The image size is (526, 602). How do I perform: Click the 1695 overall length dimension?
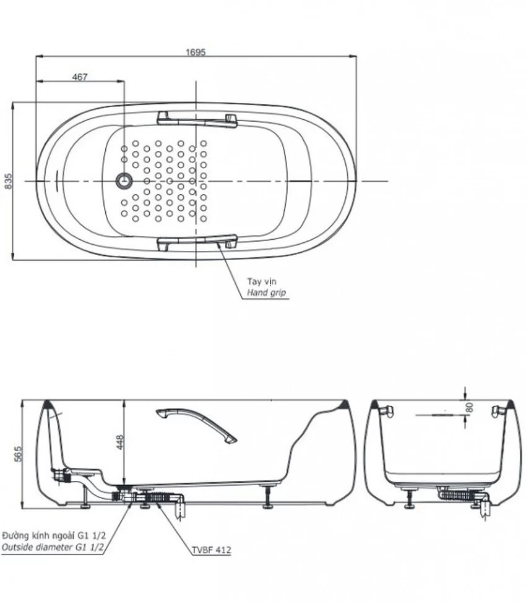pyautogui.click(x=196, y=52)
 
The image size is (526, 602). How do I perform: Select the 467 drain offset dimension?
pyautogui.click(x=80, y=77)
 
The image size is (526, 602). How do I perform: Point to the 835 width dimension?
pyautogui.click(x=8, y=181)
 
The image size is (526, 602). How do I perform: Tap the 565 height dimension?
pyautogui.click(x=18, y=454)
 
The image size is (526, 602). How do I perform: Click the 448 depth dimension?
pyautogui.click(x=119, y=443)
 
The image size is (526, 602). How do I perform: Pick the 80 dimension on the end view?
pyautogui.click(x=468, y=408)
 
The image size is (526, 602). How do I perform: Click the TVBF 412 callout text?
pyautogui.click(x=212, y=550)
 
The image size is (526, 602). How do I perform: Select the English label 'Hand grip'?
pyautogui.click(x=267, y=292)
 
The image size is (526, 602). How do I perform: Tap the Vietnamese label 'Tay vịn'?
pyautogui.click(x=262, y=281)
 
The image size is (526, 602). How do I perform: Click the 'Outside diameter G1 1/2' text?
pyautogui.click(x=53, y=548)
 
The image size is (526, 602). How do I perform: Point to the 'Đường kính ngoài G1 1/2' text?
pyautogui.click(x=54, y=536)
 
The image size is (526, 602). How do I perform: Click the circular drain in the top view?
pyautogui.click(x=124, y=181)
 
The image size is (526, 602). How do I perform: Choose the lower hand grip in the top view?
pyautogui.click(x=197, y=243)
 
